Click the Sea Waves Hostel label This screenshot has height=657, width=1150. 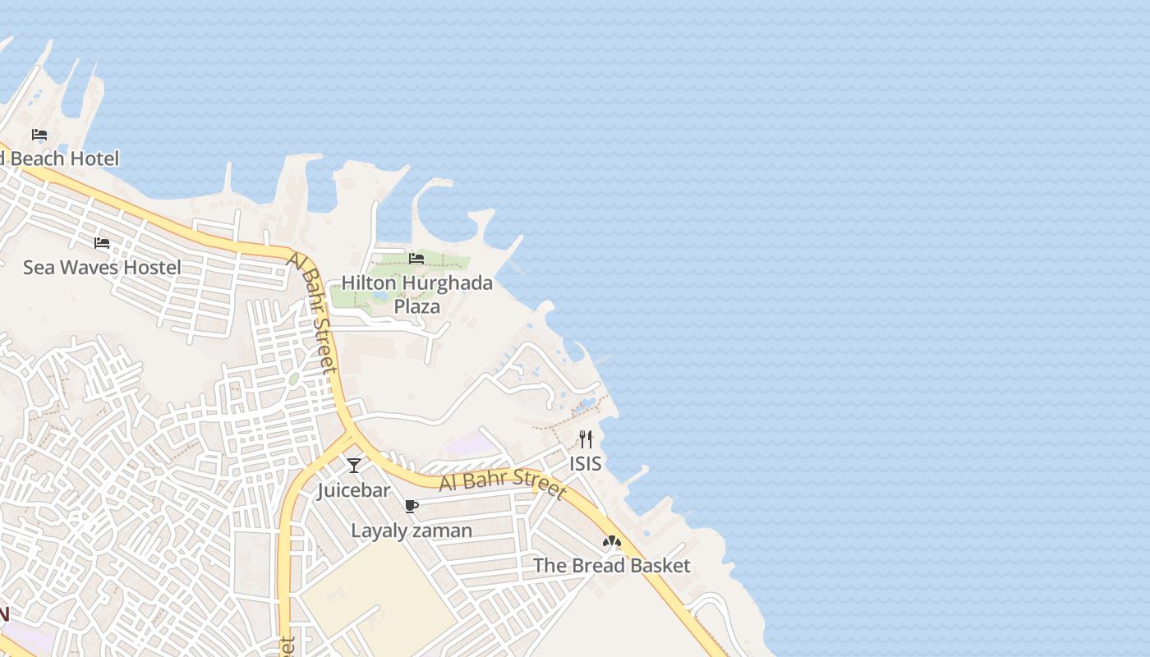pos(102,267)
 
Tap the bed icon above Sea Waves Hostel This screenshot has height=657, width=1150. pos(102,243)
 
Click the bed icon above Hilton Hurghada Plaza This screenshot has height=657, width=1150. pos(416,259)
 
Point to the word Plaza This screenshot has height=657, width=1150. pos(416,306)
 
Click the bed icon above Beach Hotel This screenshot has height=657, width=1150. pos(39,135)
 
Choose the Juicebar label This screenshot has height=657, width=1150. pos(354,490)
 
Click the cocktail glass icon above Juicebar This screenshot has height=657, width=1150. pos(354,466)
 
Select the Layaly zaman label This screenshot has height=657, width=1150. pos(412,531)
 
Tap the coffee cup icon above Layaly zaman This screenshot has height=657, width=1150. pos(412,506)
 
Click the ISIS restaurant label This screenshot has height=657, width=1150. pos(586,464)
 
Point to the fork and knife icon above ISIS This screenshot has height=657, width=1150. pos(586,439)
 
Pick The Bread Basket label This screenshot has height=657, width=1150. pos(612,566)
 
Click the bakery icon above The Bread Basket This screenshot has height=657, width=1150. pos(611,541)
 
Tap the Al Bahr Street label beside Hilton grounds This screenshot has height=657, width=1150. pos(314,312)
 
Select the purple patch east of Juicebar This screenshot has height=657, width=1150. pos(471,444)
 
